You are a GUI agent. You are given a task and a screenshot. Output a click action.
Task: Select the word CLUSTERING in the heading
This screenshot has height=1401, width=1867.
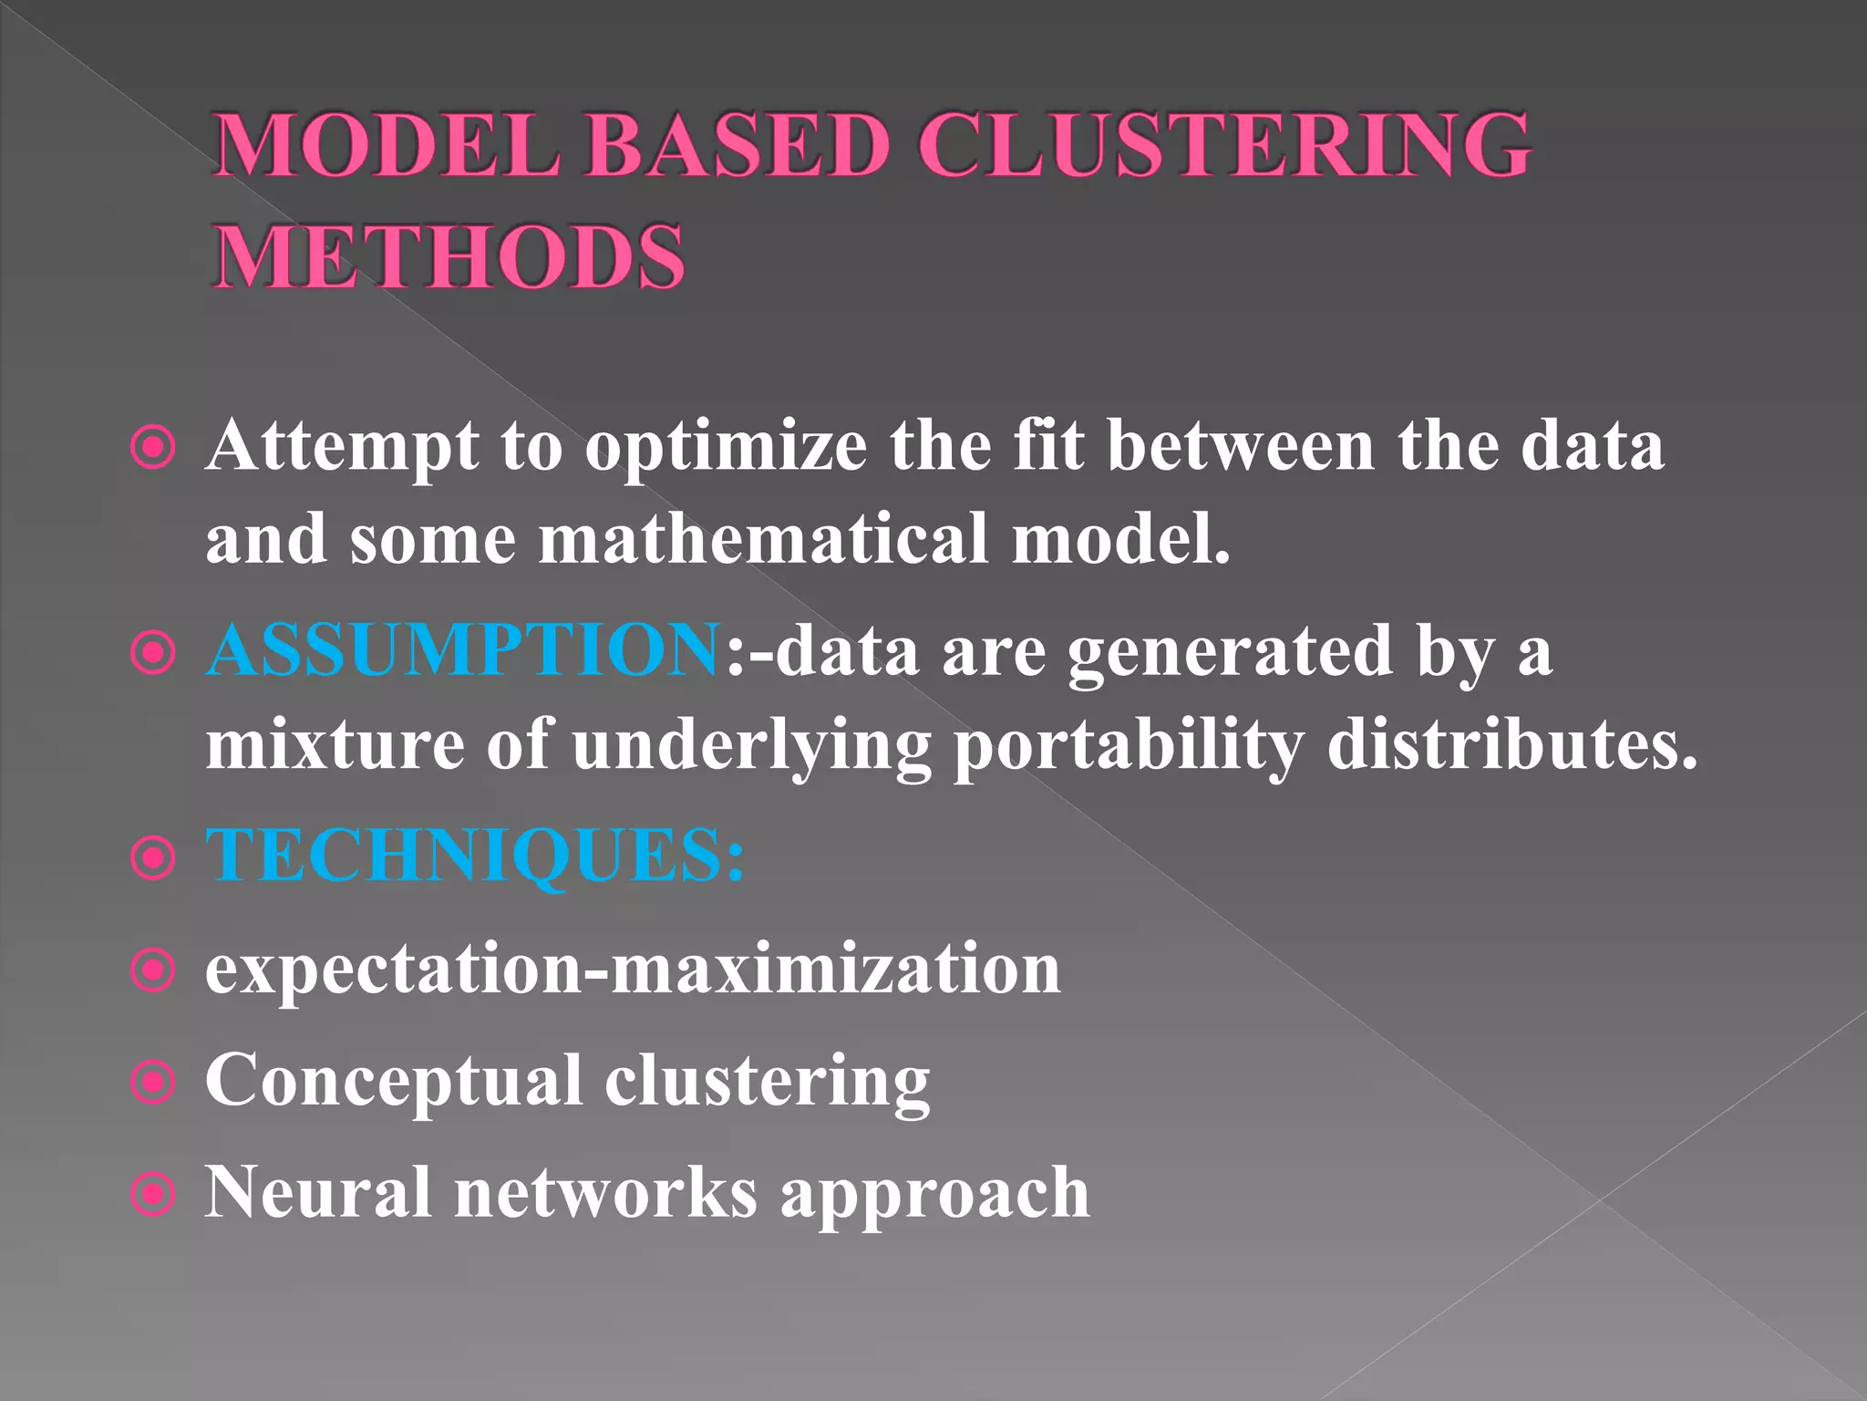(x=1223, y=145)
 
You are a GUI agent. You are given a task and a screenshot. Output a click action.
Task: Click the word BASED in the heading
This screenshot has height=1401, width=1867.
(x=737, y=145)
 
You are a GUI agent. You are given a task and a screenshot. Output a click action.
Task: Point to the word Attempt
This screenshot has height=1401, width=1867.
(x=342, y=447)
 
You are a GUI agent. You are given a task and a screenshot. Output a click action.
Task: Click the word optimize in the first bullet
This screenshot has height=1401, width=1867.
(x=726, y=447)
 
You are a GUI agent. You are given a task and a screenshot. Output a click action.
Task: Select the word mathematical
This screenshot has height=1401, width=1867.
(x=763, y=539)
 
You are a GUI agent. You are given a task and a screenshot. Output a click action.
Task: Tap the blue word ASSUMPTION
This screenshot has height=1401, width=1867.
(x=464, y=650)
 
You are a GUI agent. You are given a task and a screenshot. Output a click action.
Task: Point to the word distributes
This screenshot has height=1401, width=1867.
(x=1512, y=743)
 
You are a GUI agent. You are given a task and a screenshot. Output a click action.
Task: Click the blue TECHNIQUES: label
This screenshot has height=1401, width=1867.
(x=475, y=855)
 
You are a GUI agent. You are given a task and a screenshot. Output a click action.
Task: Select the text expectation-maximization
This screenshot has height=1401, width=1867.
(x=633, y=969)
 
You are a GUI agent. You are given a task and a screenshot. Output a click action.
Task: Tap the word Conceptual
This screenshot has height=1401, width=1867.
(x=394, y=1082)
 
